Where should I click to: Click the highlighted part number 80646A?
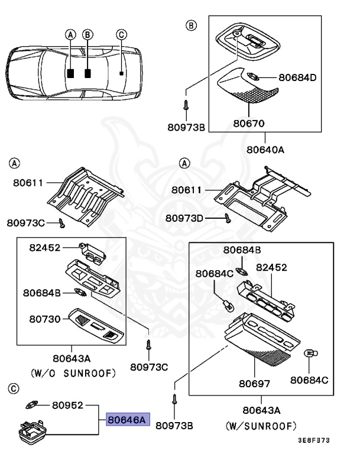point(125,420)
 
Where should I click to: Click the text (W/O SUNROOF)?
point(72,373)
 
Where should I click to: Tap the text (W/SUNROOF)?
point(261,425)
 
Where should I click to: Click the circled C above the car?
point(121,35)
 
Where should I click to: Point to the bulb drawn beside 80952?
point(33,405)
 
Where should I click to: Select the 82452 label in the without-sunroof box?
point(46,248)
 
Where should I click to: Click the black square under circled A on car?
point(70,74)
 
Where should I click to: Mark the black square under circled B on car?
point(87,74)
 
